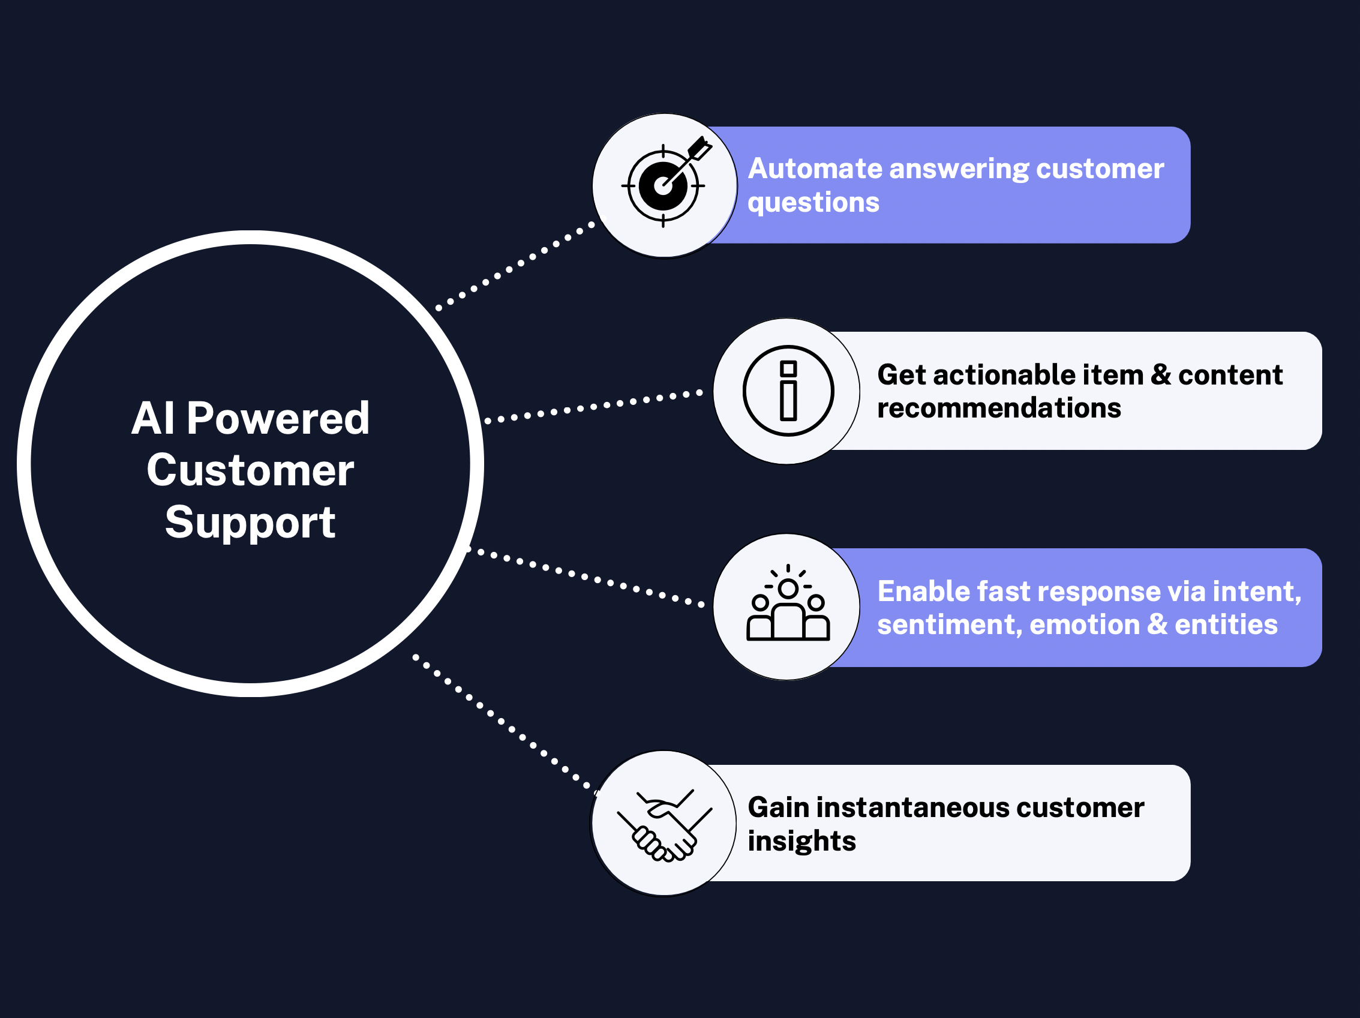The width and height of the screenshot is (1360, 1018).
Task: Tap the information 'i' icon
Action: click(788, 391)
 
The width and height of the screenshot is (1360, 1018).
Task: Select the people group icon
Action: click(788, 603)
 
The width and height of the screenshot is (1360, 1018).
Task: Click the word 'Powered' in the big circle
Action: click(278, 419)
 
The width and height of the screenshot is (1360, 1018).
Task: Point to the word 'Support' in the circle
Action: click(250, 523)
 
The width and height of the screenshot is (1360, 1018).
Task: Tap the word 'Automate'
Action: click(814, 169)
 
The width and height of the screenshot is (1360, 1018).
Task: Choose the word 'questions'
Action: click(813, 203)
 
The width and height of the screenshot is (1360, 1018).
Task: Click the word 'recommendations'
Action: click(999, 408)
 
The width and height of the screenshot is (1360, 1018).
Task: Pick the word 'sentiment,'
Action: click(949, 625)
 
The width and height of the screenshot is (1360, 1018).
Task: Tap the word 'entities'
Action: click(1226, 624)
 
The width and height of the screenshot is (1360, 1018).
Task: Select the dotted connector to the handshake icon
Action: click(505, 725)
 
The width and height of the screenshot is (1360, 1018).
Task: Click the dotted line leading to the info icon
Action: click(594, 406)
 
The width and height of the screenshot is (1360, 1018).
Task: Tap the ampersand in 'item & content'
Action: click(1161, 374)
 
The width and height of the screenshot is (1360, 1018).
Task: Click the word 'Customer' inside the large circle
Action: click(250, 471)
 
